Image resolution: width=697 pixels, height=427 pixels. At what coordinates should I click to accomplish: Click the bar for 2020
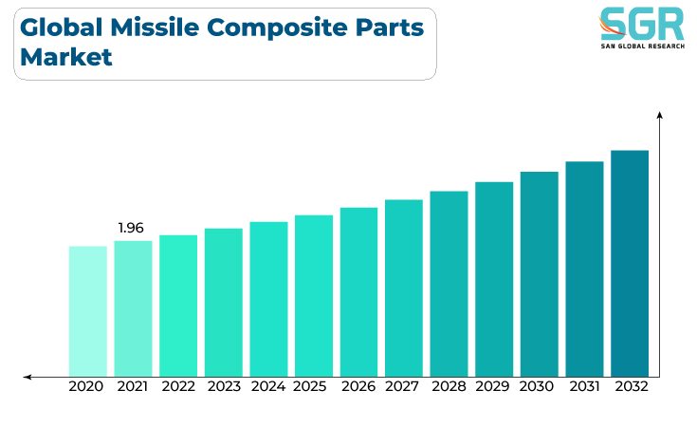point(88,311)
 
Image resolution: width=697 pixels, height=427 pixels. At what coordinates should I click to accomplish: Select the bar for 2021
point(133,308)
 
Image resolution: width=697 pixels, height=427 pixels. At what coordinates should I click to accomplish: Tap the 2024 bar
point(268,299)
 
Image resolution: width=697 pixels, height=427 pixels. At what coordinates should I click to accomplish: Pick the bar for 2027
point(404,288)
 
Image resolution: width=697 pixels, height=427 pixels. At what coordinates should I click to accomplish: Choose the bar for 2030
point(540,274)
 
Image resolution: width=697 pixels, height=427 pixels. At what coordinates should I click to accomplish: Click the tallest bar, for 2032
point(630,264)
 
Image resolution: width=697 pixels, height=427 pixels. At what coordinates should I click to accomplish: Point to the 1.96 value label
point(131,228)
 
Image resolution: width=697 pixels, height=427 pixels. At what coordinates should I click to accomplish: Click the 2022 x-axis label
point(178,386)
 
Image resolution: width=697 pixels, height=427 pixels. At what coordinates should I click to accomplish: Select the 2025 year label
point(310,386)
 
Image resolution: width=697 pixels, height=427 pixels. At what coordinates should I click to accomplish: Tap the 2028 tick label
point(449,386)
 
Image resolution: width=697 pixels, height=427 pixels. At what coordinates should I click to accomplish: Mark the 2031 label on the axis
point(584,386)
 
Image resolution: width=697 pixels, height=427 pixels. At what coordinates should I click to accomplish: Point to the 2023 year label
point(224,386)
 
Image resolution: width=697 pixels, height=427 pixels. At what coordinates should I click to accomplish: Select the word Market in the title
point(66,57)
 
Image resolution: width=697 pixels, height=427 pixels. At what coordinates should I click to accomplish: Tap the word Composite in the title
point(277,28)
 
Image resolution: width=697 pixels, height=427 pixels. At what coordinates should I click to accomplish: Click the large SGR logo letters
point(642,24)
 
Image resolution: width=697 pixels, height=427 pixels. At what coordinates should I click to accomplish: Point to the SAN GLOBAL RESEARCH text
point(643,46)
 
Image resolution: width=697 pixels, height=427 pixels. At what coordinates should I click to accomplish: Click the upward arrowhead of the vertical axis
point(660,115)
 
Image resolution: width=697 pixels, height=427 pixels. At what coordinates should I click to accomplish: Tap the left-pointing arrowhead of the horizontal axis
point(28,378)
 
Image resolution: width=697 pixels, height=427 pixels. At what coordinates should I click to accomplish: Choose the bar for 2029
point(494,279)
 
